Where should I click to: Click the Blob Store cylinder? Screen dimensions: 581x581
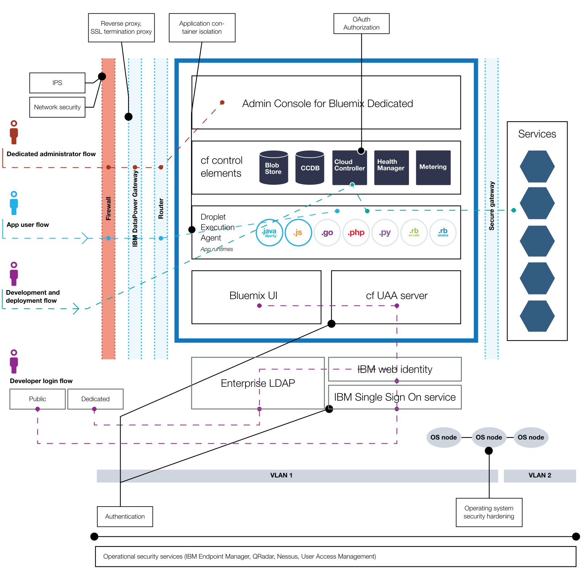pos(273,168)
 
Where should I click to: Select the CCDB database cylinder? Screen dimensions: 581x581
pos(310,168)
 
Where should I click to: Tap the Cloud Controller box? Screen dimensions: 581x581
pos(349,168)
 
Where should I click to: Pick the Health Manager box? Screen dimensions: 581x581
pos(391,167)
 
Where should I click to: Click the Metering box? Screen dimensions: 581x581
pos(433,167)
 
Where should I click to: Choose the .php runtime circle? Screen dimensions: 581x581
pos(356,233)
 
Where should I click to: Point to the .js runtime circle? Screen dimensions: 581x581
pos(298,233)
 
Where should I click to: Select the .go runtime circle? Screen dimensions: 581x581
pos(327,233)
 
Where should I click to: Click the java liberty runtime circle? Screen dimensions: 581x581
pos(269,233)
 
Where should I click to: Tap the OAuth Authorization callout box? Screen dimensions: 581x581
pos(361,24)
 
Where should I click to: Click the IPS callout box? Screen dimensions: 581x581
pos(57,83)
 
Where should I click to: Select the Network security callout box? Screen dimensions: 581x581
pos(57,107)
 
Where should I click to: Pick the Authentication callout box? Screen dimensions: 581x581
pos(125,516)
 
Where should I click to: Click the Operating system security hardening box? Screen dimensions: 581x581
pos(489,512)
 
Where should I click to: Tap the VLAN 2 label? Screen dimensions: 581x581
pos(540,476)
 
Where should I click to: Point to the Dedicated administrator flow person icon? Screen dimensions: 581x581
pos(14,133)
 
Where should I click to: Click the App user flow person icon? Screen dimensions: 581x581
pos(14,203)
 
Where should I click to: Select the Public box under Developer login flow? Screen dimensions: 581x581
pos(37,399)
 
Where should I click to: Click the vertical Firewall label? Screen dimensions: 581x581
pos(109,209)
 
